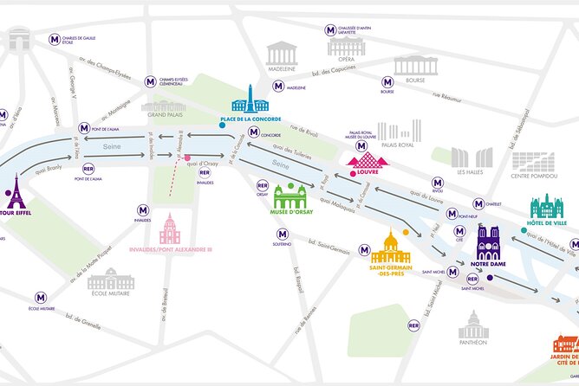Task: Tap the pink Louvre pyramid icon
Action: [363, 159]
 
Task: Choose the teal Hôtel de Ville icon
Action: [546, 208]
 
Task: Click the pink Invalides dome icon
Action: [169, 229]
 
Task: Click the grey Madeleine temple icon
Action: [282, 52]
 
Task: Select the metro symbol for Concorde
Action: [253, 132]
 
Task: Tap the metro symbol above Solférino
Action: [282, 235]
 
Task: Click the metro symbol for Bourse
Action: [387, 82]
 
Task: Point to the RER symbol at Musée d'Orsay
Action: [263, 185]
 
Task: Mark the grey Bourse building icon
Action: [416, 66]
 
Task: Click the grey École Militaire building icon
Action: [111, 279]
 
